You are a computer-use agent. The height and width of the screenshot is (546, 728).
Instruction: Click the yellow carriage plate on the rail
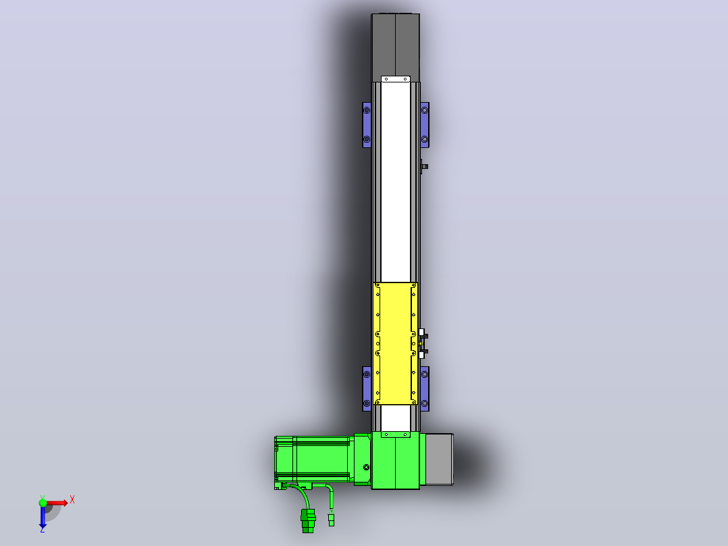395,343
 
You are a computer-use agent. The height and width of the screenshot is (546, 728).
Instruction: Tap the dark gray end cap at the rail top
395,47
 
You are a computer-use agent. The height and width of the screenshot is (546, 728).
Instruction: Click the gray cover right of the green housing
439,459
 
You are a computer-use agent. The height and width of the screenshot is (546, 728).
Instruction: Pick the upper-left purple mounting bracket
366,124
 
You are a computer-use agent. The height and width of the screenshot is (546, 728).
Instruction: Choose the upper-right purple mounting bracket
424,124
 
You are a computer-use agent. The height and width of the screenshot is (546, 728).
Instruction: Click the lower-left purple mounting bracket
367,389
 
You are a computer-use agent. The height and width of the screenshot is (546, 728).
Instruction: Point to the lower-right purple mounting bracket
424,389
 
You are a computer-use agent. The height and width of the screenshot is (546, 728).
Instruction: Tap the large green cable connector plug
308,520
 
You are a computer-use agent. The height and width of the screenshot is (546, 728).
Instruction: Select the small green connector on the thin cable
331,520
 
